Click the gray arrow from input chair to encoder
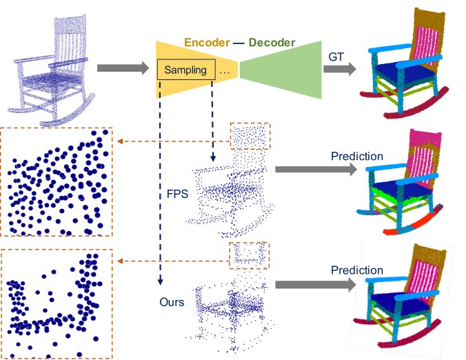coord(122,69)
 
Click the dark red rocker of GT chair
coord(413,110)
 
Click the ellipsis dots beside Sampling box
coord(224,70)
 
